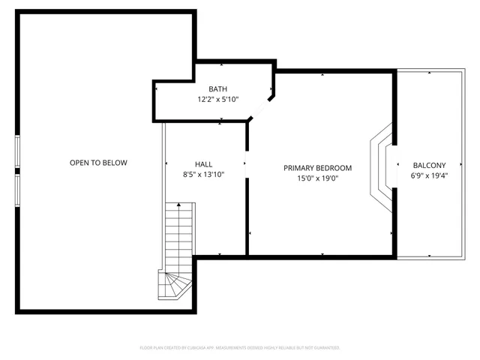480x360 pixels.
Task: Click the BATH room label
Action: (217, 89)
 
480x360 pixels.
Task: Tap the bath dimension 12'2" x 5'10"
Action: (217, 99)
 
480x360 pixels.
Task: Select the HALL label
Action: (204, 164)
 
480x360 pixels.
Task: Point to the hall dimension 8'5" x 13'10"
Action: (204, 174)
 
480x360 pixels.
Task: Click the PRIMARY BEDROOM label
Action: (317, 168)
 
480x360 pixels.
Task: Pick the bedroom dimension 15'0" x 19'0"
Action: (317, 178)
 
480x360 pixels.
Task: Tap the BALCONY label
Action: (429, 166)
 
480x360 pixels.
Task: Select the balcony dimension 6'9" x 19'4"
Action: (429, 175)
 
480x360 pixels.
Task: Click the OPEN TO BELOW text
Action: (98, 163)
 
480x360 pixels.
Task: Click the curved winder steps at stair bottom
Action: (171, 286)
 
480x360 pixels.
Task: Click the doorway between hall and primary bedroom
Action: (247, 163)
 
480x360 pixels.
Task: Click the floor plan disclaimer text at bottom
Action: (240, 348)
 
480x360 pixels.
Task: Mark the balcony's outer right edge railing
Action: (466, 165)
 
